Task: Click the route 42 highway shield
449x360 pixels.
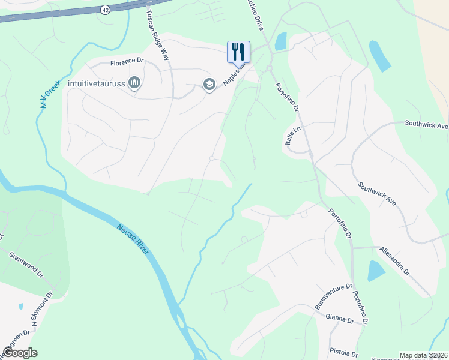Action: click(106, 10)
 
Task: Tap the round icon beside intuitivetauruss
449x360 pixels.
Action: click(134, 83)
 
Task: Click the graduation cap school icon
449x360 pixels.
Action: click(209, 84)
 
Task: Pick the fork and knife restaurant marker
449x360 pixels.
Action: click(238, 51)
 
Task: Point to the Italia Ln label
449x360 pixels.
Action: click(290, 142)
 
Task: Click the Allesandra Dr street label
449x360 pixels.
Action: click(394, 260)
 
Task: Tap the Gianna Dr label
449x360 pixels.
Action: click(339, 318)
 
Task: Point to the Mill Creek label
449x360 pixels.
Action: click(51, 92)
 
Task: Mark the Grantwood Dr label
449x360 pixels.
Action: click(26, 264)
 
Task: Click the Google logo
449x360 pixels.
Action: click(20, 353)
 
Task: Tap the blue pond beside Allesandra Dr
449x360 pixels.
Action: click(376, 271)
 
